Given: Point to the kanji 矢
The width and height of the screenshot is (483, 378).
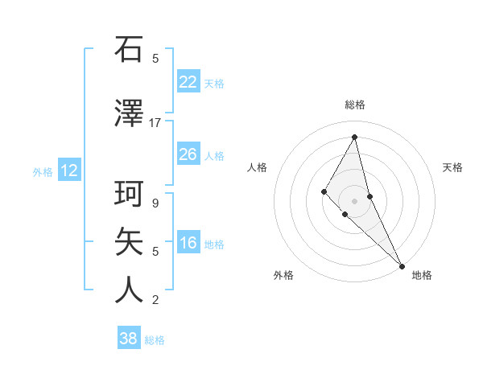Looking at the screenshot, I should [x=130, y=241].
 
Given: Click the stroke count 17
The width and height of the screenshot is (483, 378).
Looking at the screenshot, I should [x=155, y=123].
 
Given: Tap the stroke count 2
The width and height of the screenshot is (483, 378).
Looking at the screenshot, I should [x=155, y=300].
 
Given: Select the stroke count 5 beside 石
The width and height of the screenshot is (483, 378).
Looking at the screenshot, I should [x=155, y=58].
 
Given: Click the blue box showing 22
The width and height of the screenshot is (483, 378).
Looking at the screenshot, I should [x=188, y=81].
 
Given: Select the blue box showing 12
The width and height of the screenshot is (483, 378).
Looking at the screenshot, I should [x=68, y=171].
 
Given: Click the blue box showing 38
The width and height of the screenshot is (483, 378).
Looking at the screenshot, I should [x=128, y=339].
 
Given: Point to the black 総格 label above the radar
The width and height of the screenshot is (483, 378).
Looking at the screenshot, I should [x=355, y=105].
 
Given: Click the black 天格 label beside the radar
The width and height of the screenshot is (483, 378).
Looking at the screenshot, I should [x=453, y=167].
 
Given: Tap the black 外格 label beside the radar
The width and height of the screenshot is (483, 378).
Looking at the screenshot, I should [x=283, y=275].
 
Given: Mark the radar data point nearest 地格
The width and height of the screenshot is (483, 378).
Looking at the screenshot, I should [x=401, y=265].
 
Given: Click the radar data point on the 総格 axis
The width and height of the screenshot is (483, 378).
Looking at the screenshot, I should [x=354, y=137].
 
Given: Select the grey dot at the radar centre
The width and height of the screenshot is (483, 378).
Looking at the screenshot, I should [x=354, y=200].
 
